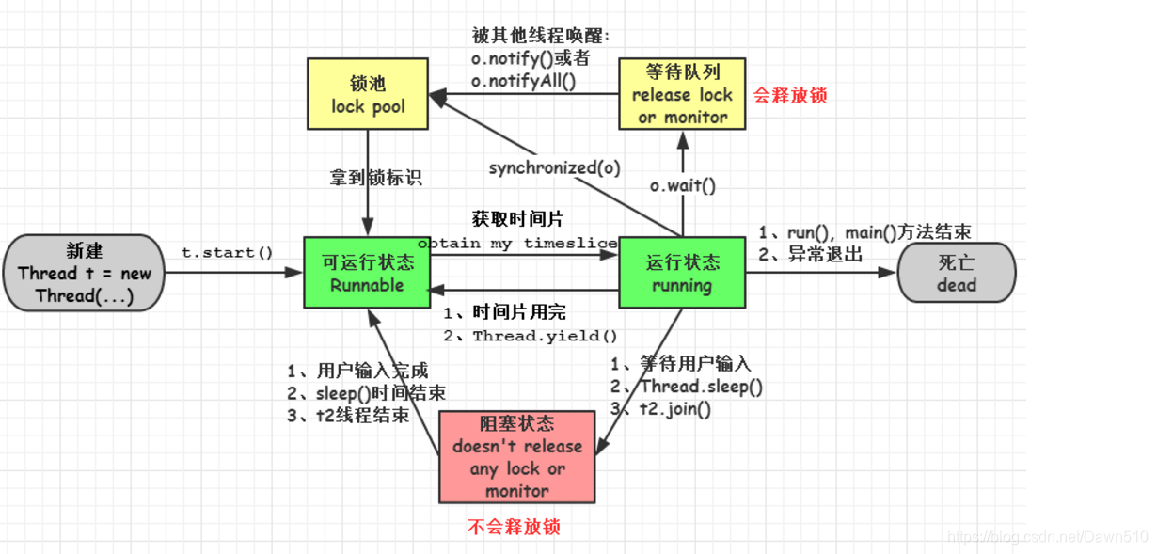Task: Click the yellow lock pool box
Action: click(x=368, y=94)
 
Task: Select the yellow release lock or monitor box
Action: click(x=682, y=94)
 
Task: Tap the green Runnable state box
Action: click(x=367, y=273)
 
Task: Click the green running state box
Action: click(x=682, y=273)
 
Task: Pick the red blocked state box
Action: click(x=517, y=457)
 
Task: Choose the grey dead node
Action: click(x=957, y=273)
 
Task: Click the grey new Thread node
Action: click(x=85, y=273)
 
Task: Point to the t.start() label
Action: click(x=227, y=252)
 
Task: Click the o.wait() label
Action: click(x=683, y=185)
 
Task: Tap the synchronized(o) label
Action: click(x=554, y=168)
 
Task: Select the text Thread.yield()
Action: click(x=545, y=336)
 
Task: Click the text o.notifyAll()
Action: click(x=523, y=82)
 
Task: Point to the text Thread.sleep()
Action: click(x=701, y=387)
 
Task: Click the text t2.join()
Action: click(x=674, y=409)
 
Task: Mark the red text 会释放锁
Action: click(x=790, y=95)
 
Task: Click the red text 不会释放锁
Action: click(x=514, y=527)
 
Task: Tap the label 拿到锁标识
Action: click(x=375, y=177)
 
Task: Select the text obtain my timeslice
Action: click(x=517, y=243)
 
